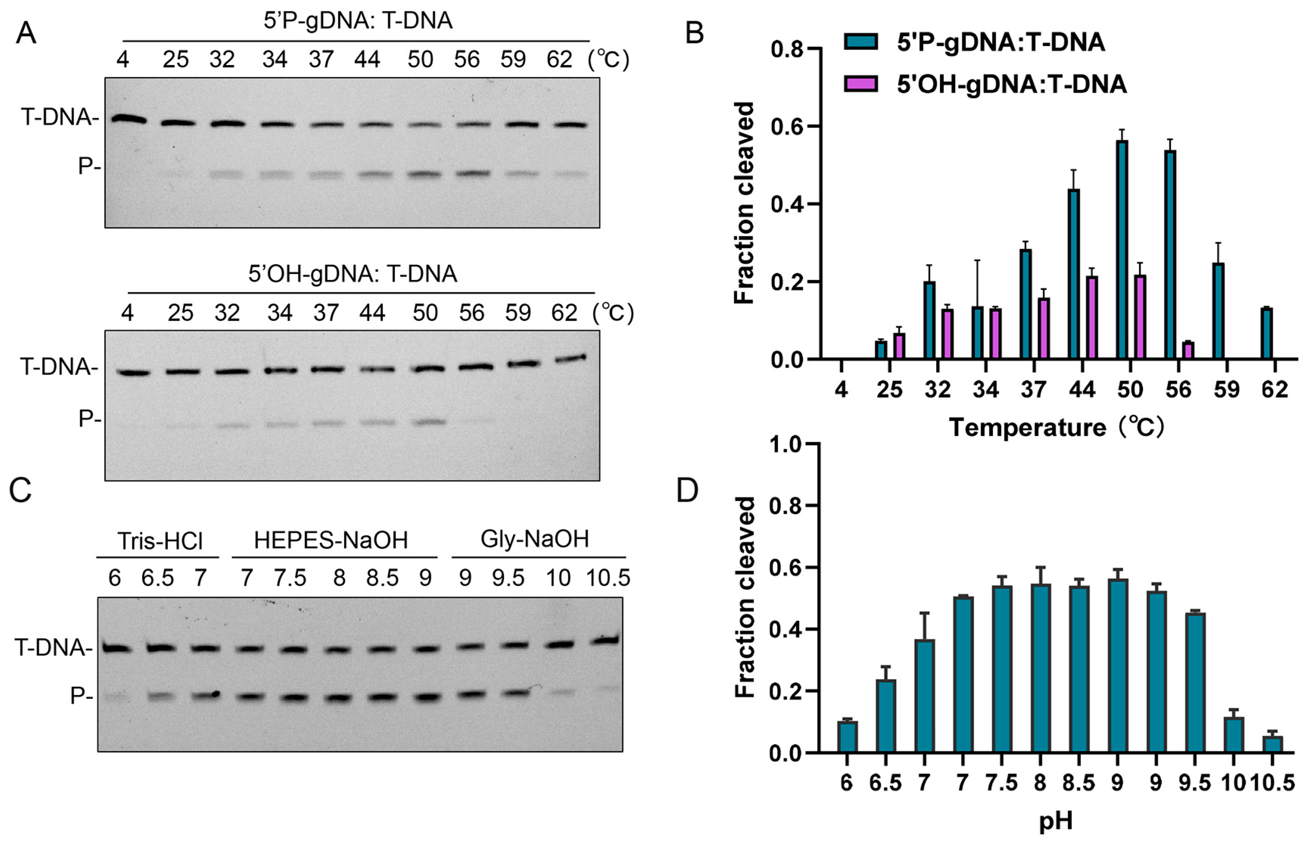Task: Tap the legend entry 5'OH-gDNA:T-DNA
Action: [1011, 85]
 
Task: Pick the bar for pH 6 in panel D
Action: [847, 737]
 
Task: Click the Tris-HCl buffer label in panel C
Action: [160, 541]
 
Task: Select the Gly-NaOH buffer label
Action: [535, 539]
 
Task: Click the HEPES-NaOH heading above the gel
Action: [331, 541]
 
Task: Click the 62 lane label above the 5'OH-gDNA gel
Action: [564, 313]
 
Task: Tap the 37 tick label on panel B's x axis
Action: [1033, 390]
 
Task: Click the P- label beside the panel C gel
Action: [81, 696]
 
